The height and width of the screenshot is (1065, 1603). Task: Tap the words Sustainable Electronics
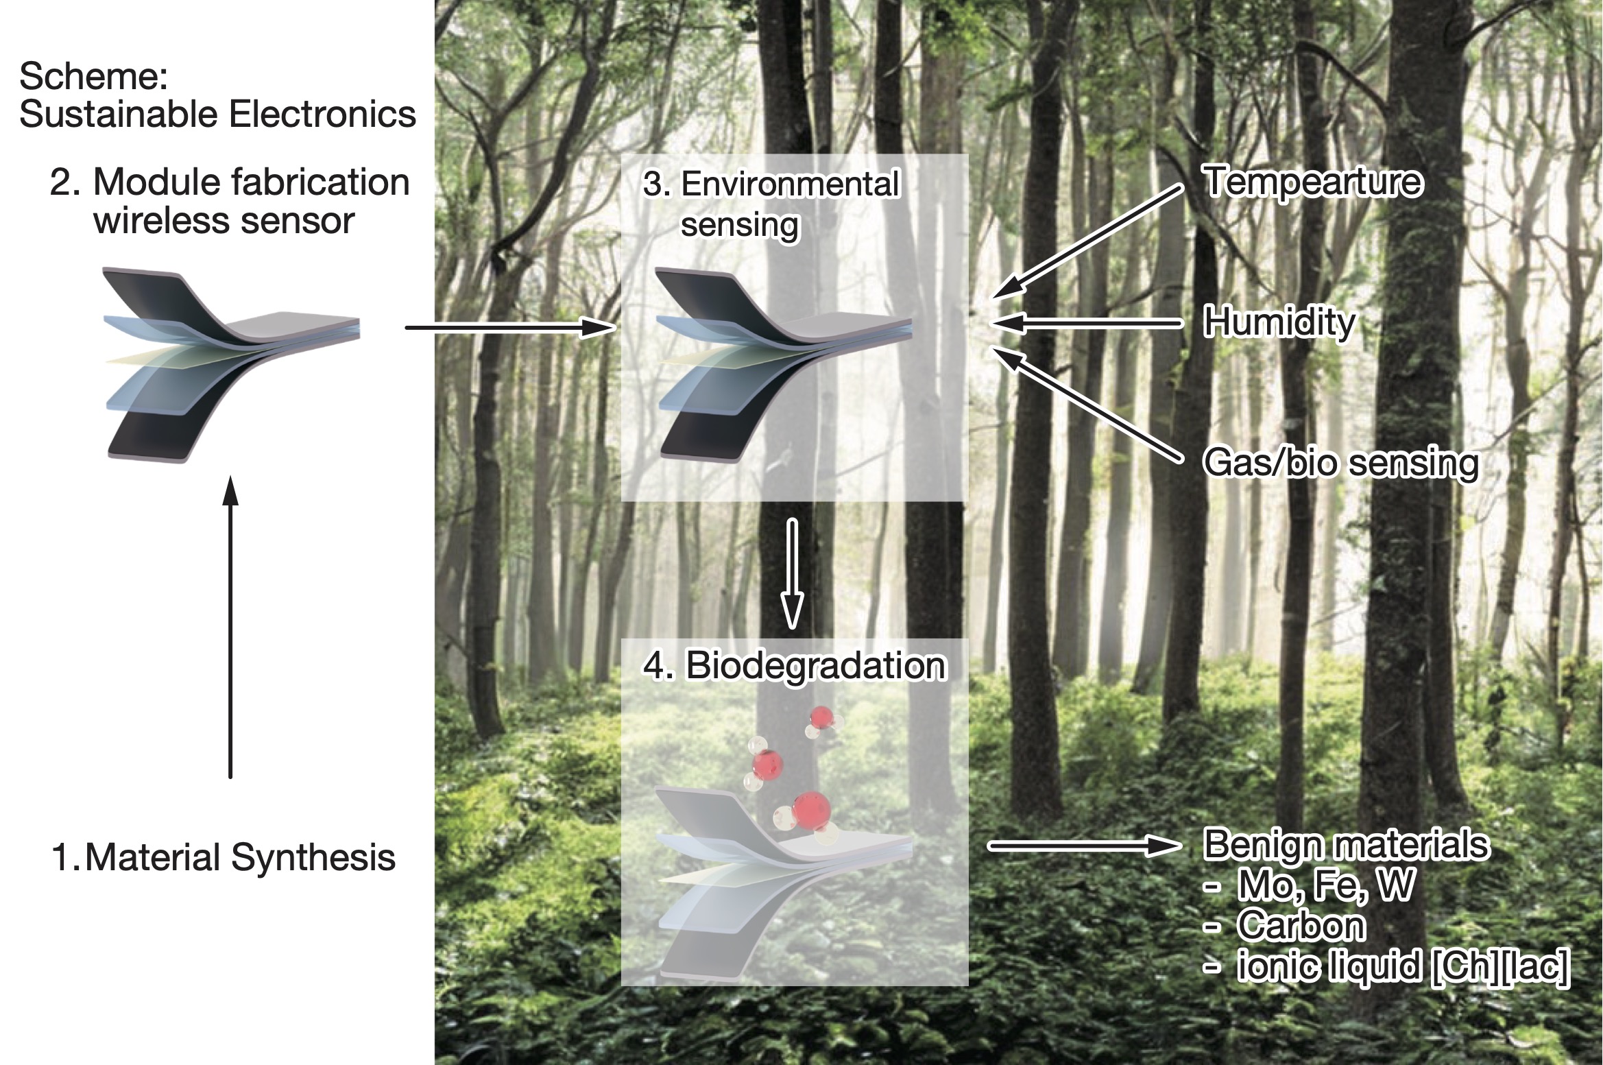tap(217, 114)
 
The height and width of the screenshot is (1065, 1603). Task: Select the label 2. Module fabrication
tap(230, 182)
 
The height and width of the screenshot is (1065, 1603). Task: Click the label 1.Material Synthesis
tap(224, 857)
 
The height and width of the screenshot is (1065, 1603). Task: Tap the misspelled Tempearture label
tap(1312, 182)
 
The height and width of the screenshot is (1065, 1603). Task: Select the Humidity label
tap(1279, 322)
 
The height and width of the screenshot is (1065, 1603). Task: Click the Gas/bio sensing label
tap(1340, 463)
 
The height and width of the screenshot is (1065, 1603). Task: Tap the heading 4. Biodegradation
tap(794, 665)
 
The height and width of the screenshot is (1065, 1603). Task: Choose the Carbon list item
tap(1301, 926)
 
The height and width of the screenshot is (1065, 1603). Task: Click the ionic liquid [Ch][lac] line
tap(1401, 966)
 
